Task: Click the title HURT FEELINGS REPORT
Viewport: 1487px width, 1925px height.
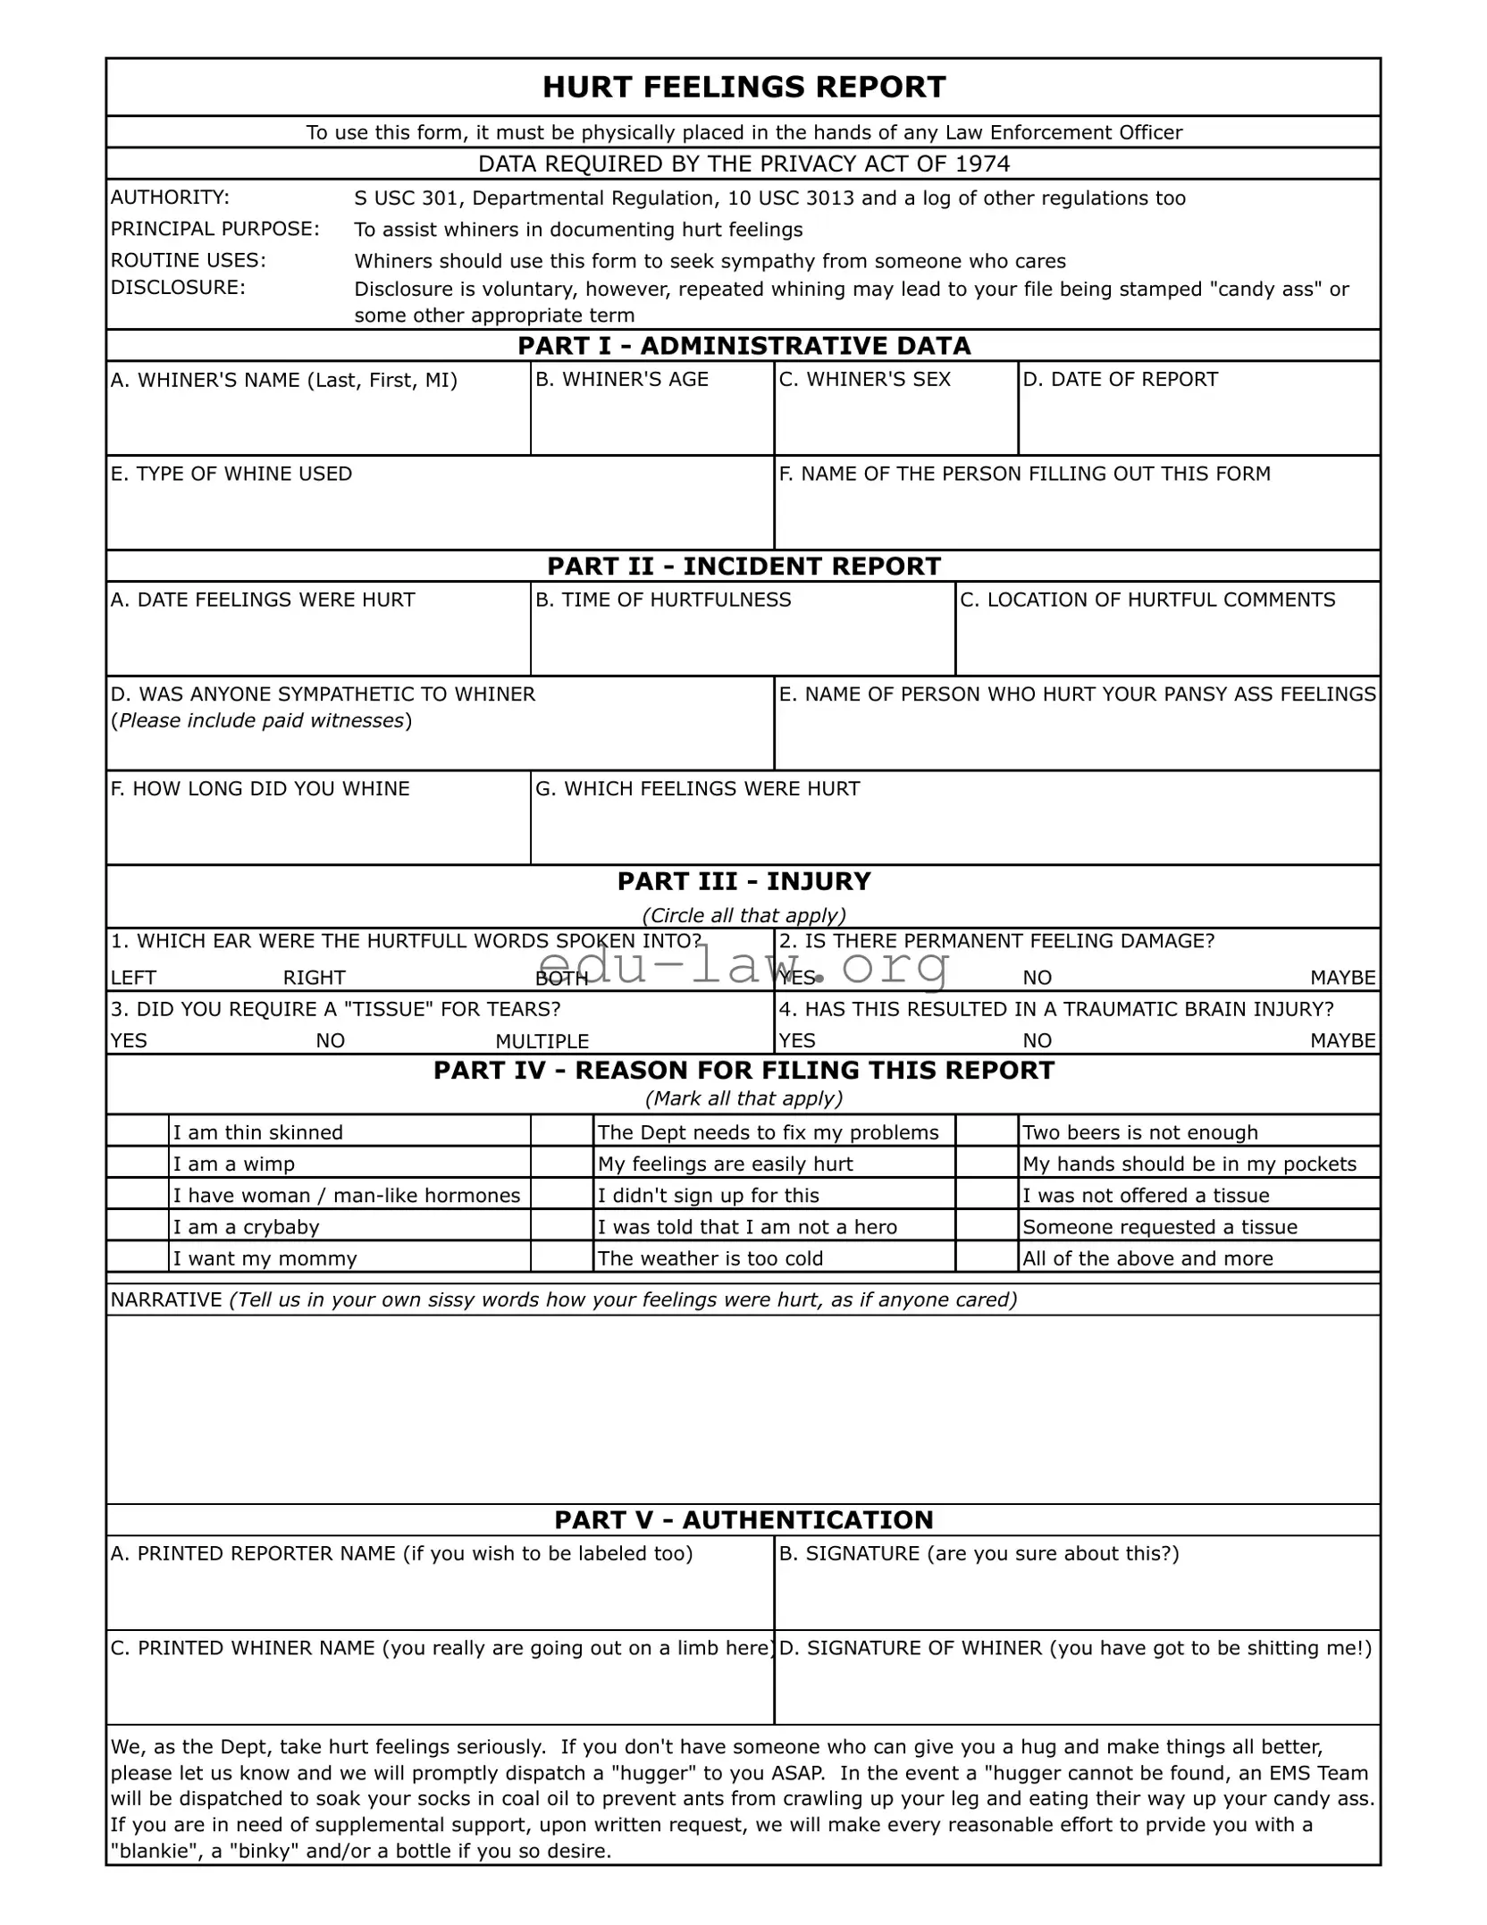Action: click(743, 88)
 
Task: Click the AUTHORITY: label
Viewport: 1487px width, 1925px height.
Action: click(170, 198)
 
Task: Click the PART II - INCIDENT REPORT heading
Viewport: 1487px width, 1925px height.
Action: click(743, 567)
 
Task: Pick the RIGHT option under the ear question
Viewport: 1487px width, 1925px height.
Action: click(314, 978)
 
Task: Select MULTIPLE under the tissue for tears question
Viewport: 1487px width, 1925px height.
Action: click(542, 1041)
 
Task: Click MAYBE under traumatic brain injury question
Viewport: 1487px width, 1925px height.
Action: click(1342, 1040)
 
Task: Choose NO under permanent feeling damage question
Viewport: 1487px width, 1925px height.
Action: click(1037, 978)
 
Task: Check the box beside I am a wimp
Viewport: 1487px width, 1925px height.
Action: click(138, 1163)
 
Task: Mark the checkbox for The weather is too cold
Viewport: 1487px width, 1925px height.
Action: click(562, 1257)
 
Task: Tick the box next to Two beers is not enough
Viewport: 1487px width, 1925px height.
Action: click(987, 1131)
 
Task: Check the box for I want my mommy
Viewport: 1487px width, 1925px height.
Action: click(138, 1257)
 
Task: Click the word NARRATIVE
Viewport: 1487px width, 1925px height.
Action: click(166, 1299)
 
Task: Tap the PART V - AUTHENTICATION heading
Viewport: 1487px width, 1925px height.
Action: click(743, 1519)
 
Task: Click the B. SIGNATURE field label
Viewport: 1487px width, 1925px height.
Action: click(978, 1553)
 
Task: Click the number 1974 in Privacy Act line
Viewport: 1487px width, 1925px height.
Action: click(982, 164)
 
